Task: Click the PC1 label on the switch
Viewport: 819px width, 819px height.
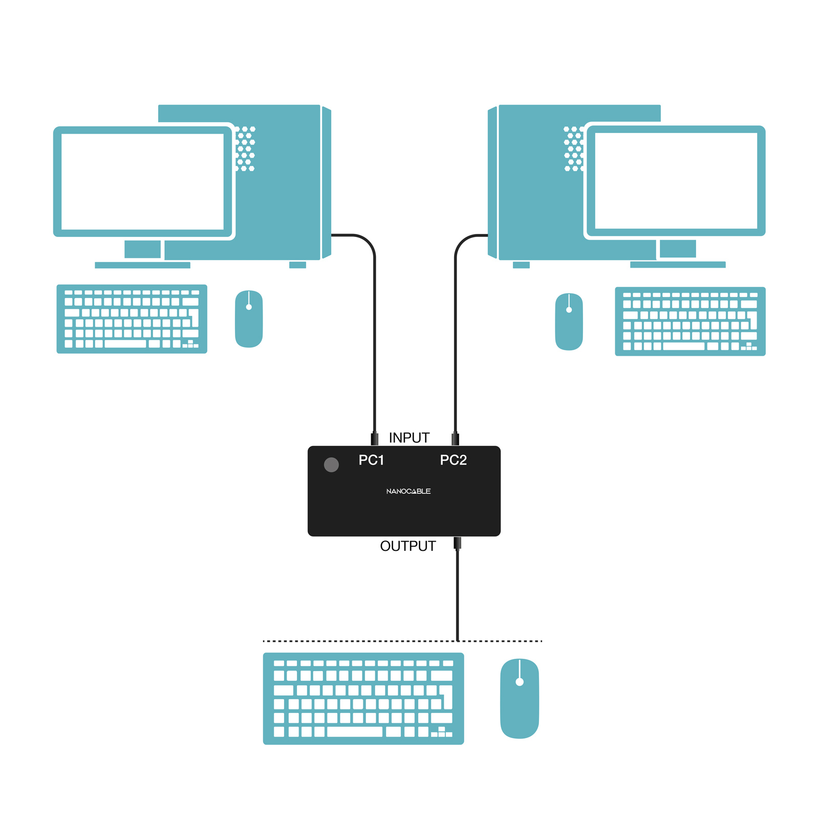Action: coord(371,460)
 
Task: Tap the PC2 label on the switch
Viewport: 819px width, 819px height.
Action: coord(453,460)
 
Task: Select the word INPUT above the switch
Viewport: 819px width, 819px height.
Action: coord(409,438)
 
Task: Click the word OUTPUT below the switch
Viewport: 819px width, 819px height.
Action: coord(408,546)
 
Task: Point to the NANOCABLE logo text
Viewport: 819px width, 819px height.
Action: coord(408,491)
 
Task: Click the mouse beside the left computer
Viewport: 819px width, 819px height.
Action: coord(249,319)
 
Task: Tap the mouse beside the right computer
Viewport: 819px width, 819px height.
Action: coord(569,321)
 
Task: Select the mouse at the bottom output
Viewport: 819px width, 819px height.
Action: coord(520,698)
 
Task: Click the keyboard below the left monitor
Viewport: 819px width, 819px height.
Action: coord(132,319)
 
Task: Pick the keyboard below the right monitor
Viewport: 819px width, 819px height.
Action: coord(690,321)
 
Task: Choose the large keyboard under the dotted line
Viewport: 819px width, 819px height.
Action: coord(363,698)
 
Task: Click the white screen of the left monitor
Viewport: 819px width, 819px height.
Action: coord(142,182)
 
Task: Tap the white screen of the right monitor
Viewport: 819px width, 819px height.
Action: coord(676,181)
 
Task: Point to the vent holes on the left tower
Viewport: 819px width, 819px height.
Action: coord(245,148)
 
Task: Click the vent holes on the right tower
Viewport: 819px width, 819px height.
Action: coord(573,148)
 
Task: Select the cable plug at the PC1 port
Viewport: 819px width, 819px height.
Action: coord(375,439)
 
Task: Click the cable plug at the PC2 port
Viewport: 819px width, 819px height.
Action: coord(456,439)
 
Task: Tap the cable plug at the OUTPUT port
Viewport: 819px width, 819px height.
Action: coord(458,543)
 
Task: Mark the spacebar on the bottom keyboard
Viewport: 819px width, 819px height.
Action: coord(355,732)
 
